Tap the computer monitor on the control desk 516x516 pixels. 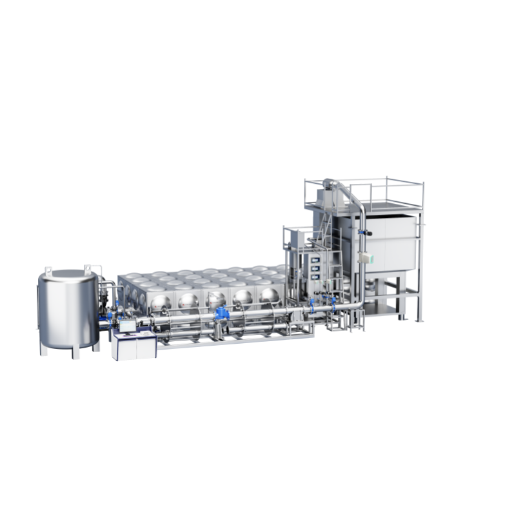127,326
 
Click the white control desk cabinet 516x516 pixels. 134,348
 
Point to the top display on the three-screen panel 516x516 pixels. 315,252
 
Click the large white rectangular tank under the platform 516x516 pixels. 386,243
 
